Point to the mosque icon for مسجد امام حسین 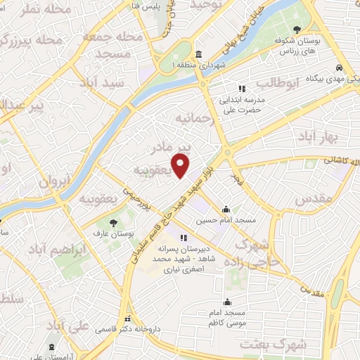point(225,210)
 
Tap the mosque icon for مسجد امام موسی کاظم point(225,298)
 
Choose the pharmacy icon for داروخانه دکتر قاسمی point(127,317)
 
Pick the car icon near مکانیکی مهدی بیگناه point(340,68)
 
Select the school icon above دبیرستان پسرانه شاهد point(184,238)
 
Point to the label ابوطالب point(277,84)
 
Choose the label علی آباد point(67,325)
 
